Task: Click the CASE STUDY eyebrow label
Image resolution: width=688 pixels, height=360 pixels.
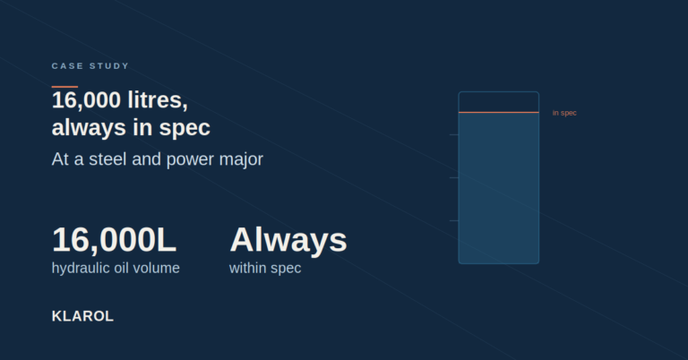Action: click(90, 65)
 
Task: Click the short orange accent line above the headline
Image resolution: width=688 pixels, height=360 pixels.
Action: click(64, 87)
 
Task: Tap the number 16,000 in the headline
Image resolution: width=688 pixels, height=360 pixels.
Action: click(86, 100)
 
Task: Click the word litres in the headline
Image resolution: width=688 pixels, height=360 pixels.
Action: click(158, 100)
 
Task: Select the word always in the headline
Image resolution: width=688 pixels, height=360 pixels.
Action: click(89, 127)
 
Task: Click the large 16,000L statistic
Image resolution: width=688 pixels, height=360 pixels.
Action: click(114, 240)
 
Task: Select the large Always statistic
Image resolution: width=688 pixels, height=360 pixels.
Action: click(288, 240)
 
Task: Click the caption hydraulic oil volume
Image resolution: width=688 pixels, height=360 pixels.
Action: click(116, 269)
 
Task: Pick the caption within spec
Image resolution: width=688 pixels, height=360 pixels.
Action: click(265, 269)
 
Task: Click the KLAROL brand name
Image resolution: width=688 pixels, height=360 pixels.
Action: click(82, 316)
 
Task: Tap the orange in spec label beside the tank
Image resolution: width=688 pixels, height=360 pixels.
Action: click(564, 113)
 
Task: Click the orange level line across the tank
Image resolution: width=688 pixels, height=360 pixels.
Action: click(499, 112)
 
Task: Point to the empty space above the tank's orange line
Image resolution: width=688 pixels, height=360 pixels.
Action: click(499, 102)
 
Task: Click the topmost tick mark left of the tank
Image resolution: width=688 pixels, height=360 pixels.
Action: click(454, 134)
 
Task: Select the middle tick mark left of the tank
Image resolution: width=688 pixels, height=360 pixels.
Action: click(454, 177)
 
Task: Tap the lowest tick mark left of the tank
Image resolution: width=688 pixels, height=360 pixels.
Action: click(454, 220)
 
